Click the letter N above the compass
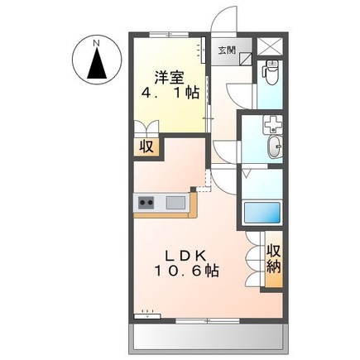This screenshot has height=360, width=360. click(96, 41)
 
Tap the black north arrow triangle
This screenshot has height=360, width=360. click(97, 63)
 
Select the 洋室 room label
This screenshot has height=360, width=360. click(169, 77)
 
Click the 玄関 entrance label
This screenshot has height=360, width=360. click(226, 49)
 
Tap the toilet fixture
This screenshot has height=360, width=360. click(269, 74)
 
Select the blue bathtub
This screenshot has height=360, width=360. click(264, 213)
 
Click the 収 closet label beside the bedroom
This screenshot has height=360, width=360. click(146, 148)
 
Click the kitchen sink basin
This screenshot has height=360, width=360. click(175, 202)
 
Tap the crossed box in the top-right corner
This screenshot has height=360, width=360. click(270, 47)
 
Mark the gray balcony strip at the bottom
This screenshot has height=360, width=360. click(207, 335)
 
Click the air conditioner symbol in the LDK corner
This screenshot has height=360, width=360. click(147, 313)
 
